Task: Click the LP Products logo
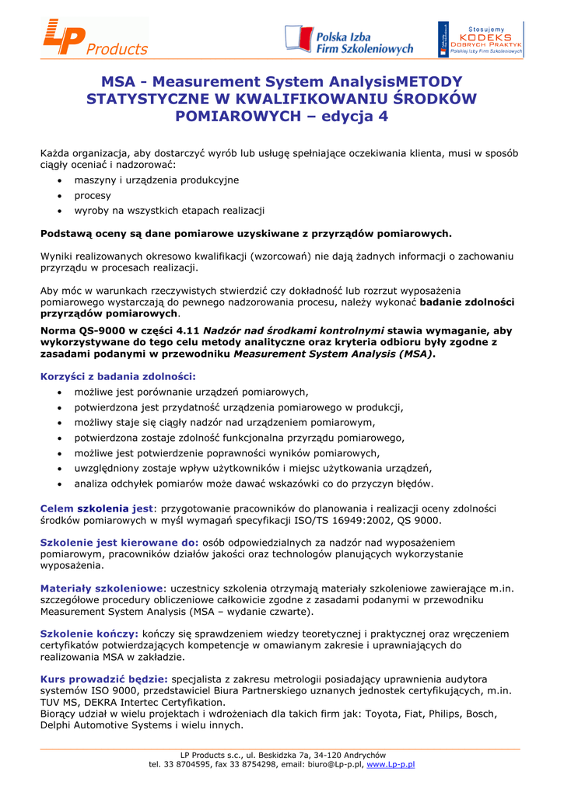95,38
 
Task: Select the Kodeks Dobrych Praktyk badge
480,39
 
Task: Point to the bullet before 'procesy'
60,196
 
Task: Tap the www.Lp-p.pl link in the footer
391,764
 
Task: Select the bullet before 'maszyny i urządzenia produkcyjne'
60,180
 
